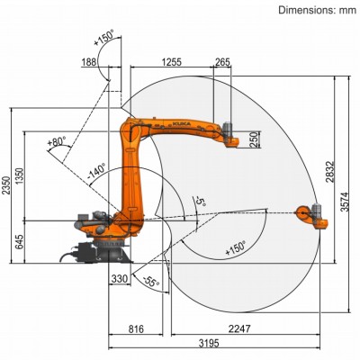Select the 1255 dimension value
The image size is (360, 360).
coord(170,61)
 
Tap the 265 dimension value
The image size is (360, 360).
coord(223,61)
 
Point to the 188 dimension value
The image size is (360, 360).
coord(90,61)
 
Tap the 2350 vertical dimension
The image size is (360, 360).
coord(9,184)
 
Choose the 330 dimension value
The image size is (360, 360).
coord(119,280)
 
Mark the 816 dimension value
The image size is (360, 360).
coord(136,329)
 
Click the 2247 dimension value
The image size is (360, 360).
coord(238,329)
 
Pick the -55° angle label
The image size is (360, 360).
coord(150,282)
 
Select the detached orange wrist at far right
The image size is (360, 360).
coord(309,215)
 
